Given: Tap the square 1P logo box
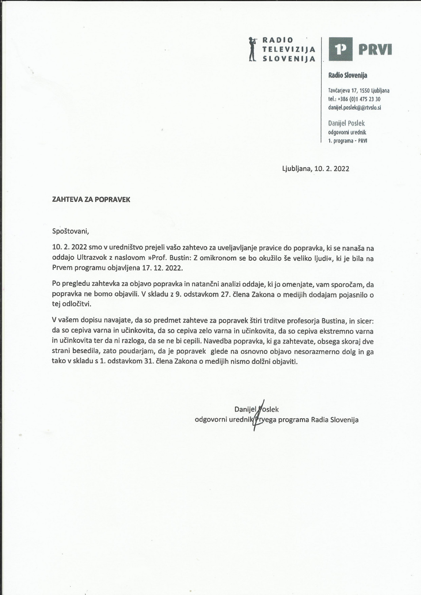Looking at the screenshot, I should (x=340, y=49).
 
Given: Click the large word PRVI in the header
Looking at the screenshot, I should (x=375, y=49).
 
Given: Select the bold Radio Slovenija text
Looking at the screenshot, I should (x=348, y=75).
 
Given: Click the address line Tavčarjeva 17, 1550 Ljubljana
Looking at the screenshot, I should (x=359, y=91).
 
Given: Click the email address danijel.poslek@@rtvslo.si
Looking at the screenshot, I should (x=355, y=108).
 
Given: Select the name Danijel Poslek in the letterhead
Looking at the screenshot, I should (x=346, y=123).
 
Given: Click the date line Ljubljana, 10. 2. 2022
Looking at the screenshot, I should (x=316, y=169).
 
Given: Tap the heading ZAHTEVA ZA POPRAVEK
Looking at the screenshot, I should (x=91, y=200).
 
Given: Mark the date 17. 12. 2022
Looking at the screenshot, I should (x=162, y=268).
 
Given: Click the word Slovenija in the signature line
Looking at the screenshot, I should (x=344, y=420).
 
